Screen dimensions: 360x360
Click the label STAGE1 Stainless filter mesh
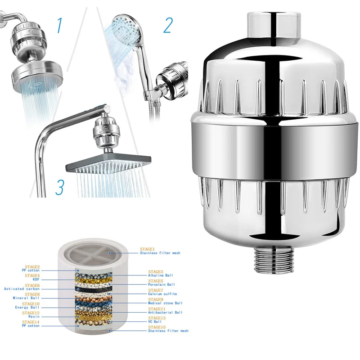click(x=160, y=251)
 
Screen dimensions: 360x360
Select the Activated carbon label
click(x=22, y=288)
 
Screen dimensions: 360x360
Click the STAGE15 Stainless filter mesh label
click(x=168, y=329)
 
